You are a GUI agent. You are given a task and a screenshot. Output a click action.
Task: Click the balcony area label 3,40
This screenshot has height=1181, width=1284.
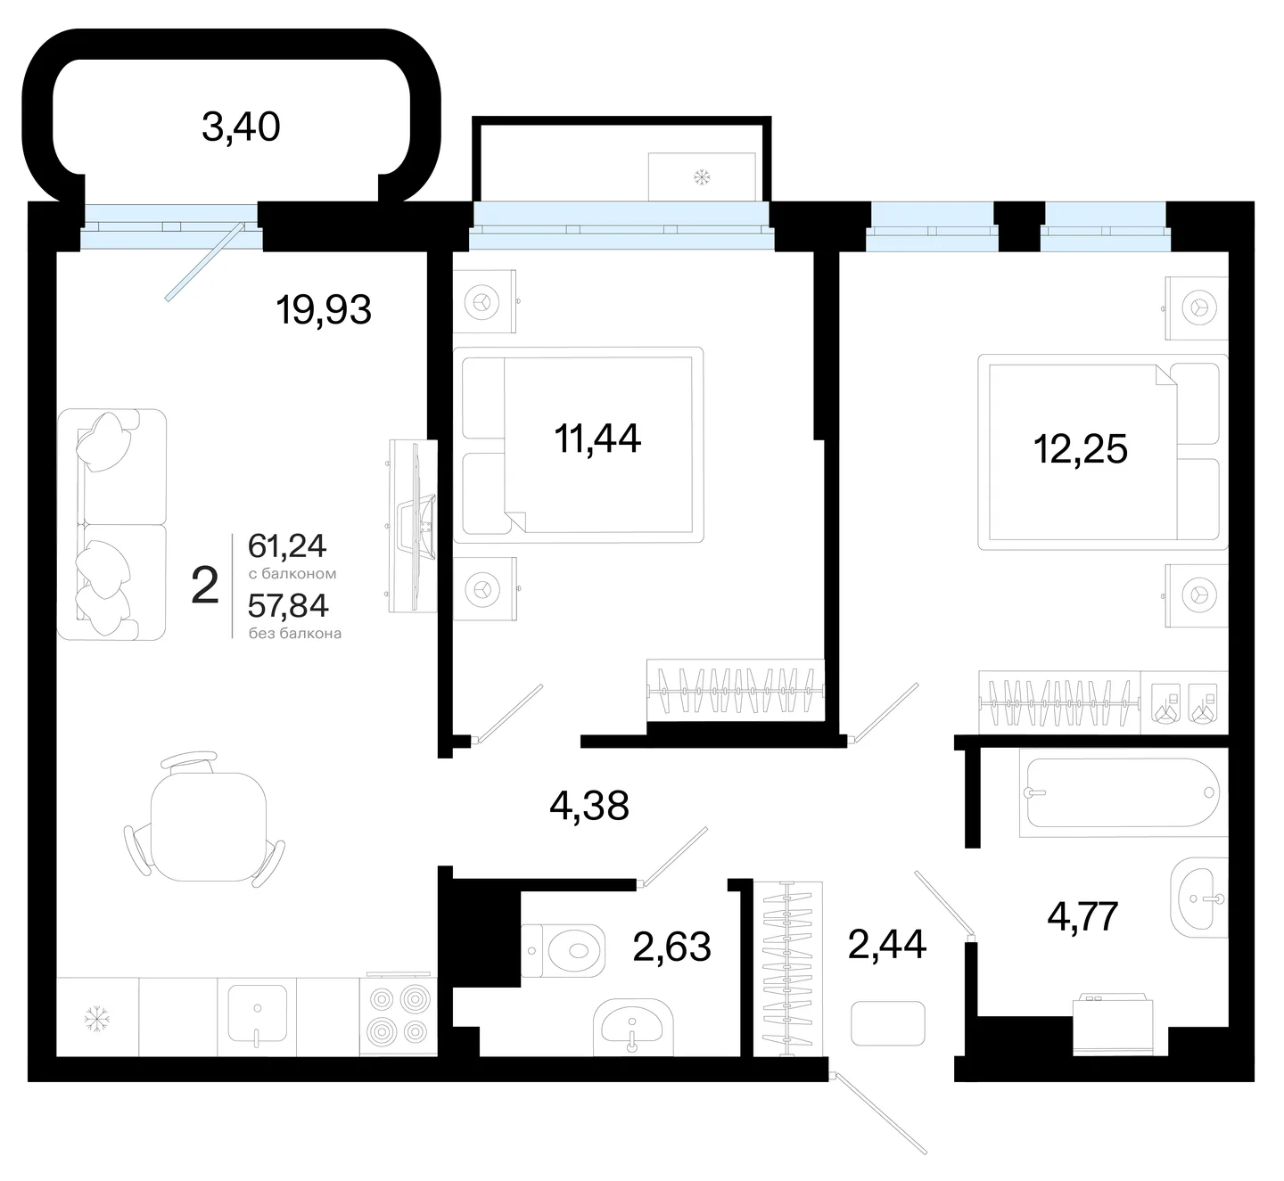[x=241, y=127]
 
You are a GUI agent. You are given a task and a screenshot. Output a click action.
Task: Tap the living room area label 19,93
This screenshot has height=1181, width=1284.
[x=324, y=310]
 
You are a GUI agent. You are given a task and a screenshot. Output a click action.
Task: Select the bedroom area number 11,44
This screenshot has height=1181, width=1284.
[x=597, y=439]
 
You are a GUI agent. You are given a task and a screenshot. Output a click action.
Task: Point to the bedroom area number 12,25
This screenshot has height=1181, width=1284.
[x=1081, y=448]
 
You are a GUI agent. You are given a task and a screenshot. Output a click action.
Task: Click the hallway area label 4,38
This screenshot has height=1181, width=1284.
[x=589, y=805]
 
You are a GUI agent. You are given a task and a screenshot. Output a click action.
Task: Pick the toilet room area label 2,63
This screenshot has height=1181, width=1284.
[x=672, y=947]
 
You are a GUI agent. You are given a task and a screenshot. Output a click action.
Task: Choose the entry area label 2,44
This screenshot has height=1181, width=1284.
[x=887, y=944]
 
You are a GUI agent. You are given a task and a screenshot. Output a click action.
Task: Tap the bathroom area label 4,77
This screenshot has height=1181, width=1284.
[x=1083, y=916]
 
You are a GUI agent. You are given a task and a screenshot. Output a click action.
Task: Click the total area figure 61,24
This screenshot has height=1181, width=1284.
[x=287, y=546]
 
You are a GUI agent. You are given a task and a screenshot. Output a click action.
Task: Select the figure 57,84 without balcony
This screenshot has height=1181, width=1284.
[x=289, y=605]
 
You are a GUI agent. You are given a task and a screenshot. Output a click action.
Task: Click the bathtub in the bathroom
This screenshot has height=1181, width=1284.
[x=1123, y=792]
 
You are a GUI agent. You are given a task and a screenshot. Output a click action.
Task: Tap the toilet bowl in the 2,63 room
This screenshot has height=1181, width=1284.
[x=564, y=950]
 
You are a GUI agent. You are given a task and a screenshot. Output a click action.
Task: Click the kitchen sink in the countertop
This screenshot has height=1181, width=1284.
[x=258, y=1016]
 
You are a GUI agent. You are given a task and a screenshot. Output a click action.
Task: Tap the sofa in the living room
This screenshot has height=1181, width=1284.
[x=111, y=525]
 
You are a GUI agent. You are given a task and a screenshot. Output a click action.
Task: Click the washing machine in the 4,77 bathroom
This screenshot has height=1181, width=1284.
[x=1113, y=1024]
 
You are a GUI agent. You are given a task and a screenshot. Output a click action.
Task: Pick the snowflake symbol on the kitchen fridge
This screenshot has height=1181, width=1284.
[x=97, y=1018]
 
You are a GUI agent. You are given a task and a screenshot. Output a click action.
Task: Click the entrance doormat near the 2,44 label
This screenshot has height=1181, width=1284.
[x=888, y=1023]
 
